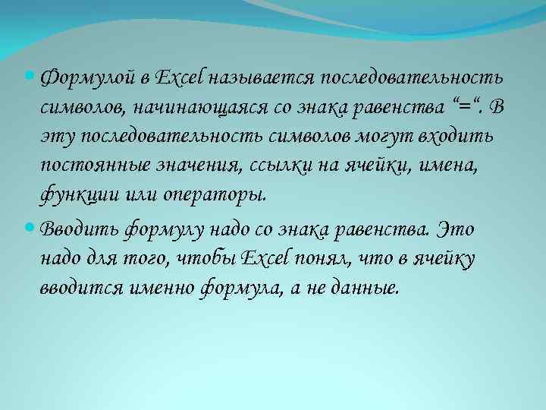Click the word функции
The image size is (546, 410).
click(x=74, y=194)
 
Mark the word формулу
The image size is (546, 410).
click(x=158, y=229)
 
